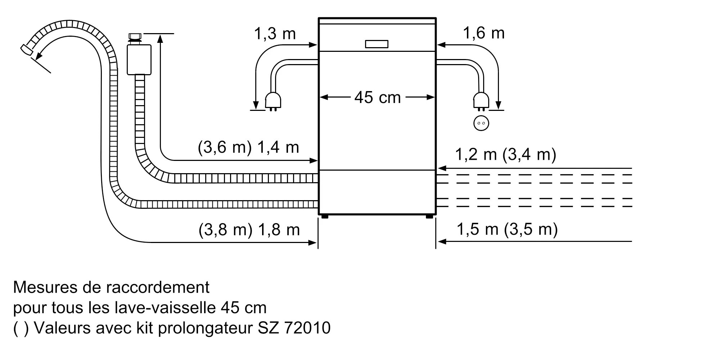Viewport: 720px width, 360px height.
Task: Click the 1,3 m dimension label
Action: pyautogui.click(x=275, y=34)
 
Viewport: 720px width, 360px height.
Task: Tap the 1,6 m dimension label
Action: pyautogui.click(x=483, y=33)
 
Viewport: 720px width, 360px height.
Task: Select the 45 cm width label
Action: pyautogui.click(x=377, y=97)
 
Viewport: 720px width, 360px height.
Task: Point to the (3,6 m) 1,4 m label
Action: pyautogui.click(x=248, y=147)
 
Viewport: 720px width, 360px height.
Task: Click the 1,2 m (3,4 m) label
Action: pyautogui.click(x=505, y=154)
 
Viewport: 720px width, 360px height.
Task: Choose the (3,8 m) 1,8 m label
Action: pyautogui.click(x=249, y=229)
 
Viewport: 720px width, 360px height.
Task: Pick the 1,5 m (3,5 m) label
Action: pyautogui.click(x=507, y=229)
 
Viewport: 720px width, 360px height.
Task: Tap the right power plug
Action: pyautogui.click(x=481, y=101)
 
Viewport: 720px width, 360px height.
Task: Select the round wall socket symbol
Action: pyautogui.click(x=481, y=123)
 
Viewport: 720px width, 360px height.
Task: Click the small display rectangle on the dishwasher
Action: pyautogui.click(x=377, y=44)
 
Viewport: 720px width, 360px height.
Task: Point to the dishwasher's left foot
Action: pyautogui.click(x=325, y=217)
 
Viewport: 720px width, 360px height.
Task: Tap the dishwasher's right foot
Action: pyautogui.click(x=429, y=217)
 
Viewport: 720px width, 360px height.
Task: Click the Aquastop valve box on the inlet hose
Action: pyautogui.click(x=139, y=60)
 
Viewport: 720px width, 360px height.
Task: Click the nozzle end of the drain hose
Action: pyautogui.click(x=26, y=49)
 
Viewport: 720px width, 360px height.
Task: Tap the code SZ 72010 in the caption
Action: pyautogui.click(x=294, y=328)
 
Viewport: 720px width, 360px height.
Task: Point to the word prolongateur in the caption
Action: pyautogui.click(x=205, y=328)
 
